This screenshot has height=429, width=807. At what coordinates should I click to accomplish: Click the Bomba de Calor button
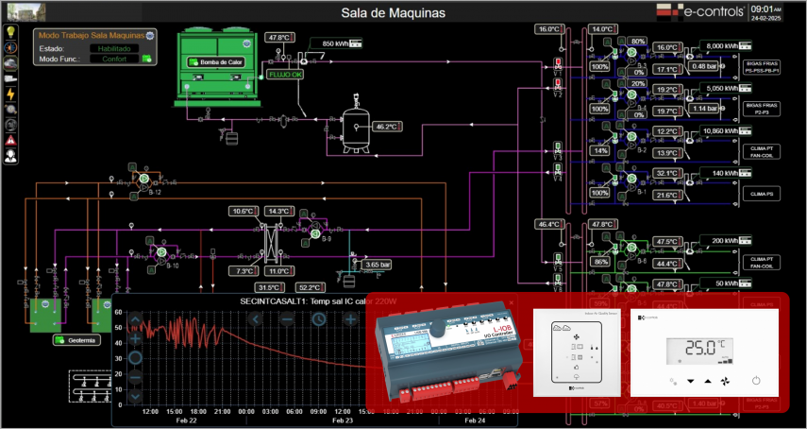click(216, 62)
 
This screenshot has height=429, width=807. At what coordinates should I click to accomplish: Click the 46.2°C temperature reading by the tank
click(386, 126)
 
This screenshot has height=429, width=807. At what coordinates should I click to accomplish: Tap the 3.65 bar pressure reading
click(378, 265)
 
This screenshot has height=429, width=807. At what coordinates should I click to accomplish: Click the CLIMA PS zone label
click(760, 194)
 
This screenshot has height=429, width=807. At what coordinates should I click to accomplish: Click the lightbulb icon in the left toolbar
click(10, 31)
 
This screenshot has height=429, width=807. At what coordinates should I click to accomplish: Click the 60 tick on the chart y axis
click(119, 311)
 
